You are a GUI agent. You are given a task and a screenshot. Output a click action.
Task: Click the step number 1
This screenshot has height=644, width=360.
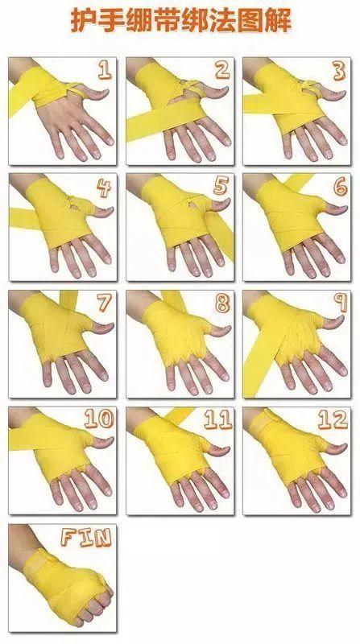[105, 70]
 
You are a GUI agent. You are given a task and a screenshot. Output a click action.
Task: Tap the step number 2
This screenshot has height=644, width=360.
[222, 70]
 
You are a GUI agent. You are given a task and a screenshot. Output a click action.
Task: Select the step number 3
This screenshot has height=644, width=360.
[339, 72]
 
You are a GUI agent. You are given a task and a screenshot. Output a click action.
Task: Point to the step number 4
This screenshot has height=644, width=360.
[104, 188]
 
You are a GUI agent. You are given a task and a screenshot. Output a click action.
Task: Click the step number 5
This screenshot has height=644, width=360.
[221, 187]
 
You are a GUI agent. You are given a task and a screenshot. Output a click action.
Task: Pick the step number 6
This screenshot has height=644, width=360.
[340, 187]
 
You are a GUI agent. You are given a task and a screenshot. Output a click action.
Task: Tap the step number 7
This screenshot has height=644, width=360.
[104, 303]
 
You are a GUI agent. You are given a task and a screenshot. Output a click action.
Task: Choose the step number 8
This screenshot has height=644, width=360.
[222, 304]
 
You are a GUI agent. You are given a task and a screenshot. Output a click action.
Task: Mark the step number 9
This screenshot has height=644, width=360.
[341, 303]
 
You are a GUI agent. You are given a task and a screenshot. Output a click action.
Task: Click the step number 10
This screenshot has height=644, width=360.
[98, 419]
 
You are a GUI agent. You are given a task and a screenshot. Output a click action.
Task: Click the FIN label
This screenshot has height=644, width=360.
[86, 537]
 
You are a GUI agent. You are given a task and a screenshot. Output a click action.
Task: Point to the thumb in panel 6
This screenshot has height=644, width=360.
[332, 208]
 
